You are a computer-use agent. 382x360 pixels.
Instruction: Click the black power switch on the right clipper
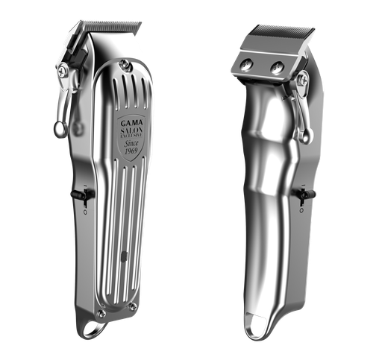(302, 196)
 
